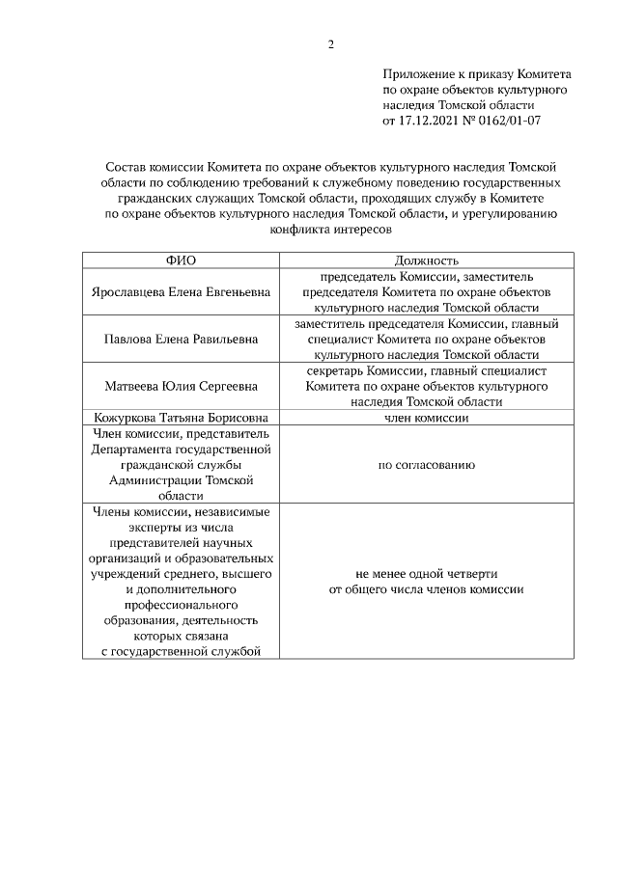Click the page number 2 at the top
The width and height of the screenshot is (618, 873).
[330, 44]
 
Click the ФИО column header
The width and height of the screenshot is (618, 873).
[181, 260]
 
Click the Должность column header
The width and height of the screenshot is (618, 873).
[426, 260]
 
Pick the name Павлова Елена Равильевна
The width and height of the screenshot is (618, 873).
[181, 339]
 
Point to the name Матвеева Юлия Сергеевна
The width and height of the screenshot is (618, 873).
[181, 386]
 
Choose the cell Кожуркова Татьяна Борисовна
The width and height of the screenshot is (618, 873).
[181, 418]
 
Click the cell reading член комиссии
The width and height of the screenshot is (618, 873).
[426, 418]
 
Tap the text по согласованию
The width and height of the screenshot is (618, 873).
[426, 465]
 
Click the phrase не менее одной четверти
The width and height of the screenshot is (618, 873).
[426, 573]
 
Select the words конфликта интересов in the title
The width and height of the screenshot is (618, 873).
[330, 231]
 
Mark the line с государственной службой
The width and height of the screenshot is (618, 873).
[181, 652]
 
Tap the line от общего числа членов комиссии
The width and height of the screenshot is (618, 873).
[426, 589]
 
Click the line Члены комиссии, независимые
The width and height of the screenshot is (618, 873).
[181, 511]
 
